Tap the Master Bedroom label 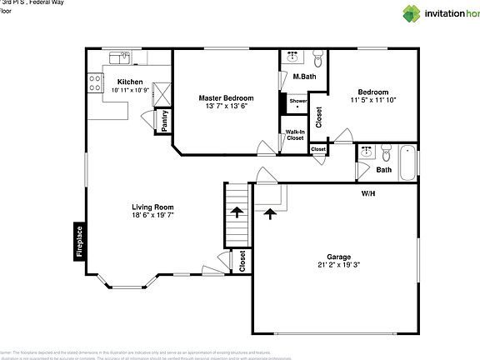tap(226, 97)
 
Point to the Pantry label tap(164, 120)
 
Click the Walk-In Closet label tap(295, 134)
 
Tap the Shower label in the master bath tap(297, 101)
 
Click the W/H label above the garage tap(367, 193)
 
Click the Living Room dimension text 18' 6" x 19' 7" tap(157, 215)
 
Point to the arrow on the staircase tap(237, 212)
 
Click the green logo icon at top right tap(412, 12)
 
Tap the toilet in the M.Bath tap(317, 58)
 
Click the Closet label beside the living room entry tap(242, 262)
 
